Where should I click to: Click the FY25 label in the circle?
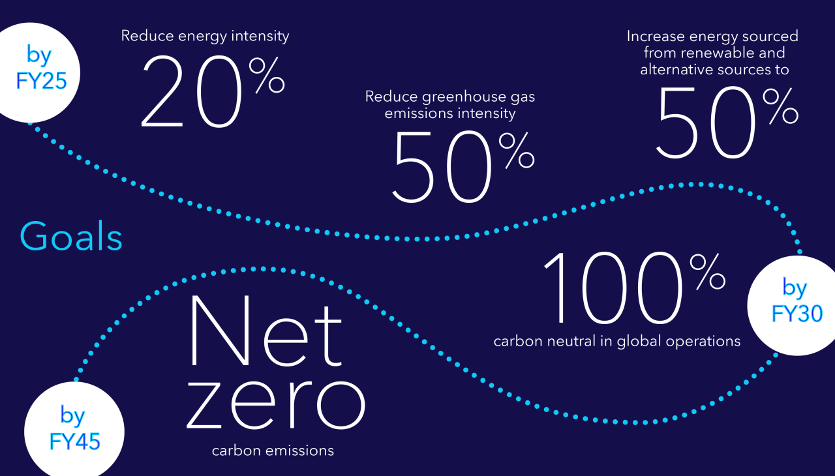click(x=41, y=81)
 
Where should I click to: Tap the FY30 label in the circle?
click(x=797, y=314)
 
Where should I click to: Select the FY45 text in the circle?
click(x=75, y=441)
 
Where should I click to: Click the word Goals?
click(x=71, y=235)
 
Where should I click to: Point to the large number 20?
click(x=191, y=91)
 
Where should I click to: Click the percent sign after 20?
click(x=267, y=75)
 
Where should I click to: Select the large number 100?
click(x=613, y=288)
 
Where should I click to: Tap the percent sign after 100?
click(x=708, y=271)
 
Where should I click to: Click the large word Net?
click(x=266, y=331)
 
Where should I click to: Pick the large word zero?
click(x=276, y=404)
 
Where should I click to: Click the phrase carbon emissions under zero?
click(x=273, y=451)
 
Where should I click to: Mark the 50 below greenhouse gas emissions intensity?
click(x=442, y=166)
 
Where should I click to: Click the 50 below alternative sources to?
click(x=706, y=122)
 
